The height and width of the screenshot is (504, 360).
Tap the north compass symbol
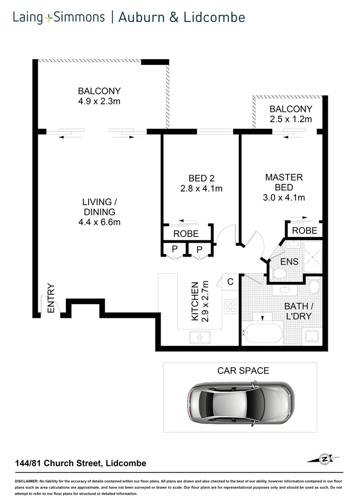point(324,459)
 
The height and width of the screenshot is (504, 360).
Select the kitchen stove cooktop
point(230,306)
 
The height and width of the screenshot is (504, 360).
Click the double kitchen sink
point(200,336)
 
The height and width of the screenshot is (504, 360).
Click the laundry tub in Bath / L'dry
point(311,336)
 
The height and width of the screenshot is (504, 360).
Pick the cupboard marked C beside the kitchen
point(231,282)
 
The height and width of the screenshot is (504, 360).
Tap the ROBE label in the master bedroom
point(304,231)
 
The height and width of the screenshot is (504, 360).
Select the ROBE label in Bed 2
point(186,234)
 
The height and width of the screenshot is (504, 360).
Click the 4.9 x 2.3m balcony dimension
point(99,101)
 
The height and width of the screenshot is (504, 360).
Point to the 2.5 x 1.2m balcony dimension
point(290,119)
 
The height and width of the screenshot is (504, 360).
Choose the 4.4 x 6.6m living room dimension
point(99,222)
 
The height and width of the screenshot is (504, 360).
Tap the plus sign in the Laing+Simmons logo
point(49,19)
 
